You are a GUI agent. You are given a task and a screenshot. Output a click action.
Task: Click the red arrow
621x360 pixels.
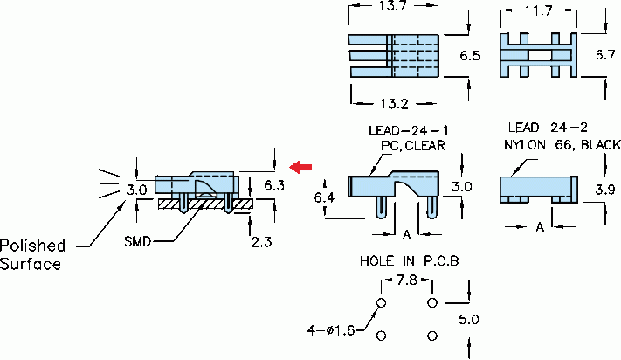pyautogui.click(x=302, y=166)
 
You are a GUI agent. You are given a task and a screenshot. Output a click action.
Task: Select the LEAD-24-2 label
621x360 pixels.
pyautogui.click(x=547, y=128)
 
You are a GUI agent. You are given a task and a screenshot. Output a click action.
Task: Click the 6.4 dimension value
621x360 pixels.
pyautogui.click(x=325, y=198)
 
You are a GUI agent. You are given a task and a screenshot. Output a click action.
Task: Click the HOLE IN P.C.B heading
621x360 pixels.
pyautogui.click(x=409, y=261)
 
